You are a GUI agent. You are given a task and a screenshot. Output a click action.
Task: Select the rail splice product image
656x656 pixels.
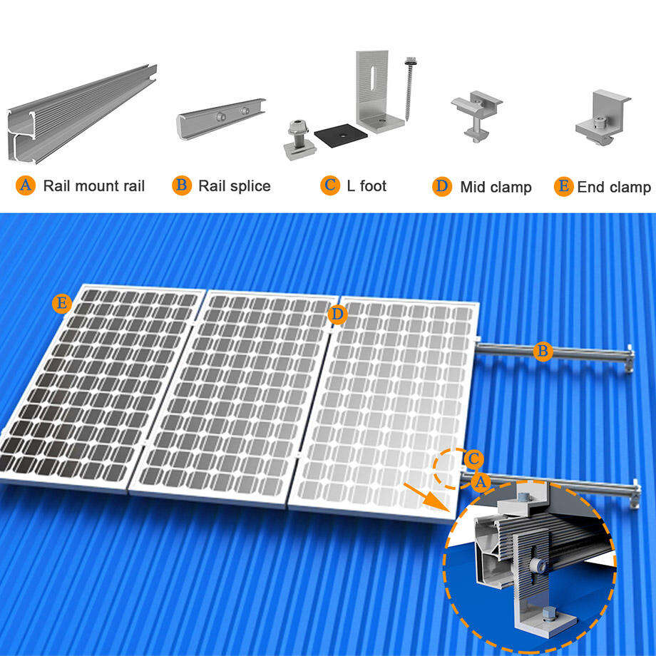click(220, 118)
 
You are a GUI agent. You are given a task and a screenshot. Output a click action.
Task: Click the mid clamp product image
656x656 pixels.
click(476, 115)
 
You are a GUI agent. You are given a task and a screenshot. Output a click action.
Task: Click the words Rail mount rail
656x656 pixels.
click(93, 187)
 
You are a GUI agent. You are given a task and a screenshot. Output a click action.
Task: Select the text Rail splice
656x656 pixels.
click(234, 187)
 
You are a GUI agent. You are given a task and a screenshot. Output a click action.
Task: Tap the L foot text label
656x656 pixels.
click(367, 186)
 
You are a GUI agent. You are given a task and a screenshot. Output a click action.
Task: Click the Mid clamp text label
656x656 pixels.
click(496, 188)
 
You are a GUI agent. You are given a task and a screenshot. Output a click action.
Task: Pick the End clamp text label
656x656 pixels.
click(613, 188)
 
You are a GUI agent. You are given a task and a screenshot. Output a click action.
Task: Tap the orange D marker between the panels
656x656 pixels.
click(337, 313)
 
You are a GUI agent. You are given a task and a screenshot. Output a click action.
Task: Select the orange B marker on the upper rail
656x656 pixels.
click(543, 351)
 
